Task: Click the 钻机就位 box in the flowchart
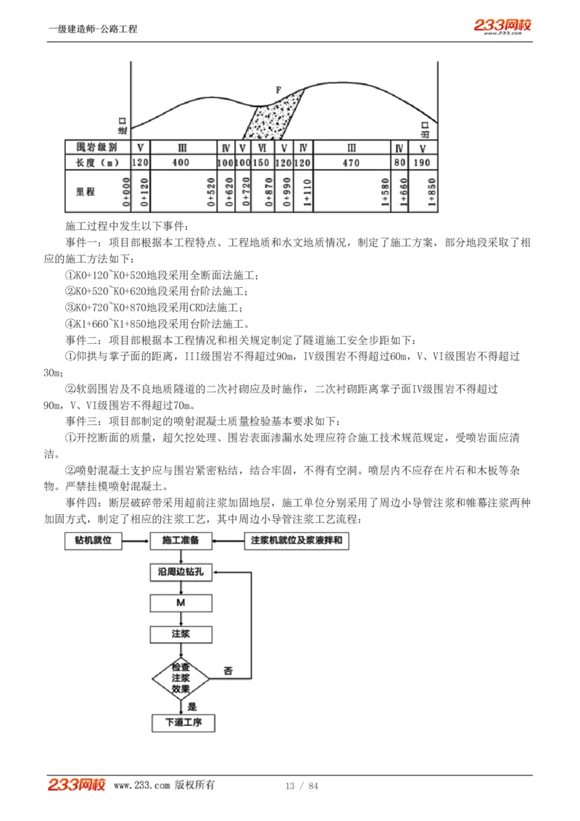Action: point(93,541)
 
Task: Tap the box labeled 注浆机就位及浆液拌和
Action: point(295,541)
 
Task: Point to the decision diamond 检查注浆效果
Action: point(181,677)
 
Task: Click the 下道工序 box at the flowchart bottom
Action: point(183,722)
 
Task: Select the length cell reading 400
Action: point(181,162)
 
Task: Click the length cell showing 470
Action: point(351,162)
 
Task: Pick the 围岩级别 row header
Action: point(97,147)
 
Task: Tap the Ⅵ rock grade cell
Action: point(262,147)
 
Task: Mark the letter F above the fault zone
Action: point(278,89)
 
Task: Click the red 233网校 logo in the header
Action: point(502,26)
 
